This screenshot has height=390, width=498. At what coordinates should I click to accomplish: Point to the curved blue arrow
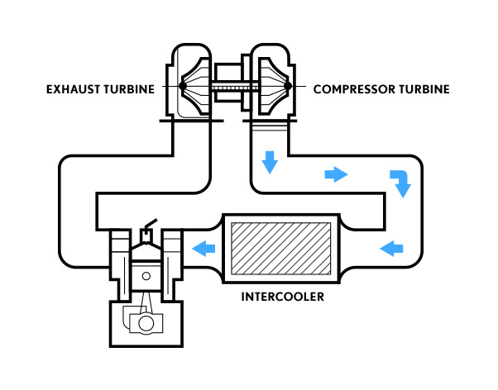tap(400, 183)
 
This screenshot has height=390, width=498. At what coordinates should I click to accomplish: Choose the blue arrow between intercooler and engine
tap(204, 246)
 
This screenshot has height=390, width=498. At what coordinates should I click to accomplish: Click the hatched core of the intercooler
tap(280, 246)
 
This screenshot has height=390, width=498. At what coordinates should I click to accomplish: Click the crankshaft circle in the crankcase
tap(146, 324)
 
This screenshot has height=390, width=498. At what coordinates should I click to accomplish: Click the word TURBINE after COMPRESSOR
tap(422, 88)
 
